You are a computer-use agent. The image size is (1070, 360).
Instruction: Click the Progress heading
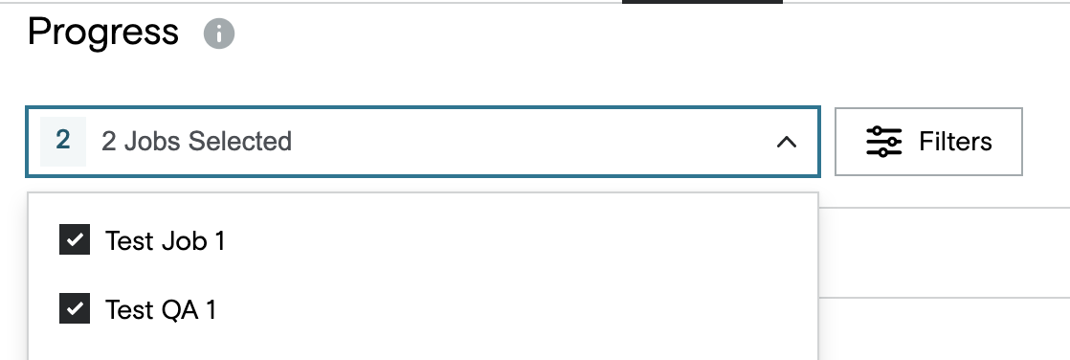coord(103,33)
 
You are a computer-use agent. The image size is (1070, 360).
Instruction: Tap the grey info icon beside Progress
coord(219,34)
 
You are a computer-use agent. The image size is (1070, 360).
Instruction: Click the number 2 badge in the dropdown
coord(63,141)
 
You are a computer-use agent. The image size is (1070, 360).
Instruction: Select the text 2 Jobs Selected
coord(196,142)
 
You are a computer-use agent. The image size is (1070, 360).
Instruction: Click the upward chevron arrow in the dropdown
coord(787,142)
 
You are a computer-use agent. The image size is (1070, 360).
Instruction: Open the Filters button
coord(928,142)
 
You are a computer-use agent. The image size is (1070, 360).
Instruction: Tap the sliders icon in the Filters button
coord(883,142)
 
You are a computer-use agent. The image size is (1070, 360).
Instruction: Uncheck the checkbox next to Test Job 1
coord(75,239)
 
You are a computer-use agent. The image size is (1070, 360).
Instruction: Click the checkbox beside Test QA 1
coord(75,308)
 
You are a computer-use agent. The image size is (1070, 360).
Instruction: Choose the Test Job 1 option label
coord(166,240)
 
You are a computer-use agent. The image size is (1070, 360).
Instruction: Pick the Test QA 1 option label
coord(161,309)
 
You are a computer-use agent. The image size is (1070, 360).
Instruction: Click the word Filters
coord(955,142)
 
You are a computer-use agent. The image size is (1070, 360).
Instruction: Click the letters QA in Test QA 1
coord(180,309)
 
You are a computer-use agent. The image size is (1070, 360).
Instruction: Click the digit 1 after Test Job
coord(219,240)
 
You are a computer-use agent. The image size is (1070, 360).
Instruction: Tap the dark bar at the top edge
coord(702,2)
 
